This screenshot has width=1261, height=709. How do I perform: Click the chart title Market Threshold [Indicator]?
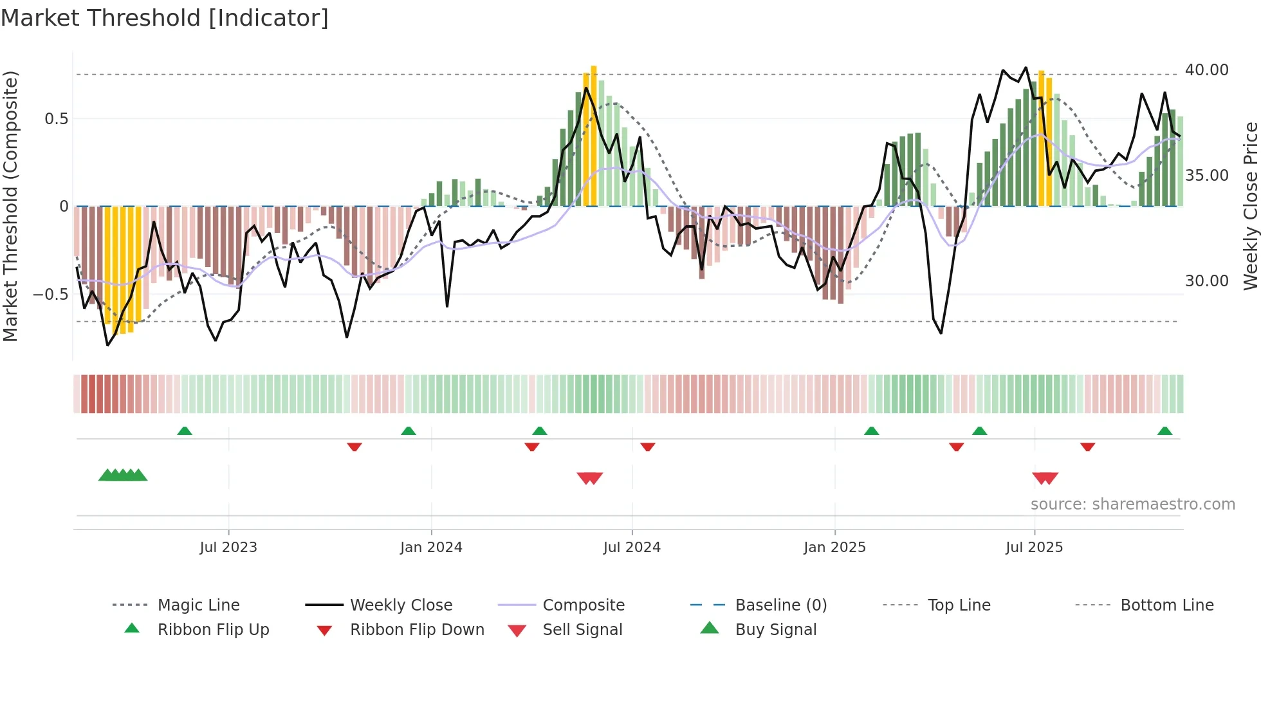coord(165,18)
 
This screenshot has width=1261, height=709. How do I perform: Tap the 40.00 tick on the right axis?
coord(1206,70)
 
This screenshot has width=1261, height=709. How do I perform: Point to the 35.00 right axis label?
coord(1206,176)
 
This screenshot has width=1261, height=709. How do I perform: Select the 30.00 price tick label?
coord(1206,281)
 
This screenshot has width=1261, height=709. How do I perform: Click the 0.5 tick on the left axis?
coord(56,119)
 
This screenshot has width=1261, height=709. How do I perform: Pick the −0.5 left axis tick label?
coord(50,295)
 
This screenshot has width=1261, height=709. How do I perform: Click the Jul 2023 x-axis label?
coord(228,548)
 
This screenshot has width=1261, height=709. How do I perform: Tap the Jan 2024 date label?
coord(431,548)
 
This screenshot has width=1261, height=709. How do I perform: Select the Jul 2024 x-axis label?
coord(632,548)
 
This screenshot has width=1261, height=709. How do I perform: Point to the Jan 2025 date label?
coord(834,548)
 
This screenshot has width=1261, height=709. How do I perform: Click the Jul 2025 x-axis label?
coord(1034,548)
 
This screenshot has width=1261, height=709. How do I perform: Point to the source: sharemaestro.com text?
coord(1132,504)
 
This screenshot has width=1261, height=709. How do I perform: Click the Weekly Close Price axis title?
coord(1250,206)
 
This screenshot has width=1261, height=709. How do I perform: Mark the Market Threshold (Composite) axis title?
coord(10,206)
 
